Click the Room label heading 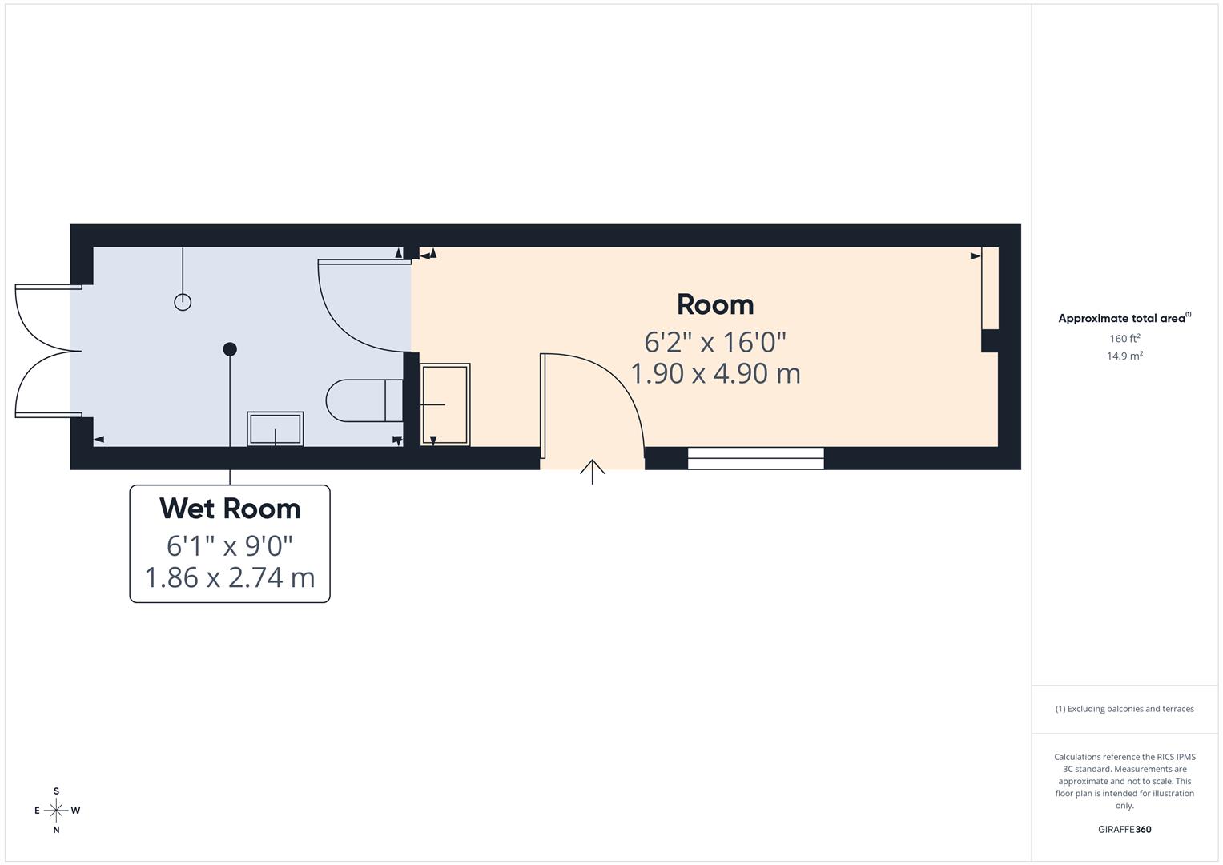(x=715, y=304)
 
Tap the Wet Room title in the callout (x=230, y=509)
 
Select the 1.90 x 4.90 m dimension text (x=715, y=374)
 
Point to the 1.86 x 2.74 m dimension (x=230, y=577)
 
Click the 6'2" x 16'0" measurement (x=715, y=342)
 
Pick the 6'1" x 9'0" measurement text (x=230, y=545)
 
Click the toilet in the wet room (x=364, y=400)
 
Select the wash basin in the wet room (x=275, y=428)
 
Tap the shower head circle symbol (x=183, y=302)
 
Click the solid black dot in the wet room (x=230, y=349)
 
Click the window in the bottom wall (x=755, y=458)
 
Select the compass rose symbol (x=56, y=810)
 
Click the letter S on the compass (x=56, y=791)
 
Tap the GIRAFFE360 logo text (x=1124, y=830)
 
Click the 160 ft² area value (x=1124, y=339)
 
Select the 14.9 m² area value (x=1124, y=356)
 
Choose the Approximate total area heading (x=1124, y=319)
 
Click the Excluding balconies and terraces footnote (x=1124, y=709)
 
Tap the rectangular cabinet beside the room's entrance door (x=445, y=404)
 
